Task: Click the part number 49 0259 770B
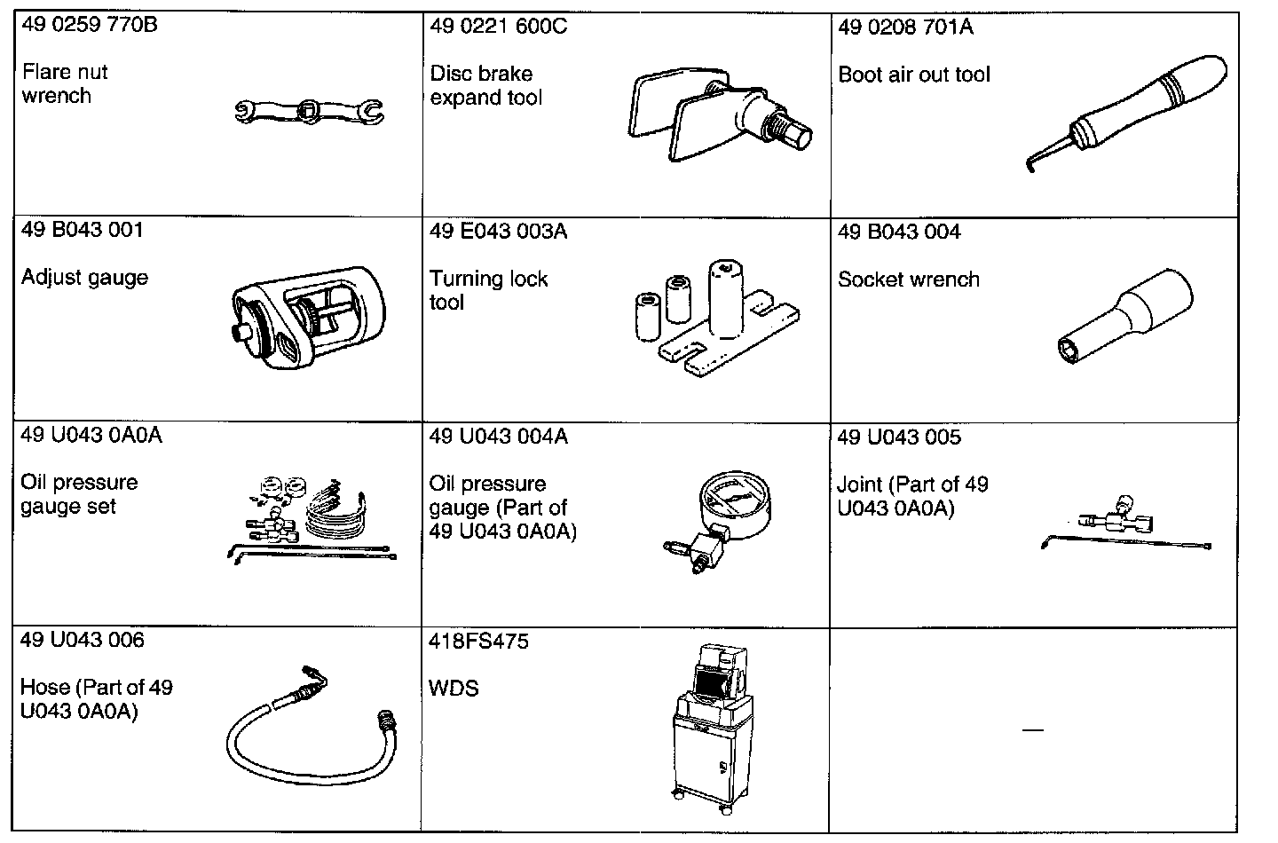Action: coord(89,25)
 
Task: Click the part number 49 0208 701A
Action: coord(905,28)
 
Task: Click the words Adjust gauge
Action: coord(84,278)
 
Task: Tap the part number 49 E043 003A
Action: coord(498,232)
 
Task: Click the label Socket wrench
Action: coord(909,280)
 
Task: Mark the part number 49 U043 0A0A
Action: coord(91,436)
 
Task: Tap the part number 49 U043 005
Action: coord(899,437)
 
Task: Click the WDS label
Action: coord(454,689)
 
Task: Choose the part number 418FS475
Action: coord(478,641)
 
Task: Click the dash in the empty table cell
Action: coord(1032,730)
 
